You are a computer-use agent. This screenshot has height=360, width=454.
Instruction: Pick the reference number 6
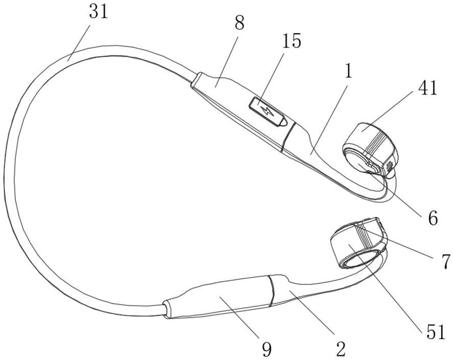point(432,218)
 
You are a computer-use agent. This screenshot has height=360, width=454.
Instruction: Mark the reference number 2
point(341,349)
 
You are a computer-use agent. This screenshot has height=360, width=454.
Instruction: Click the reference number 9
point(266,349)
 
